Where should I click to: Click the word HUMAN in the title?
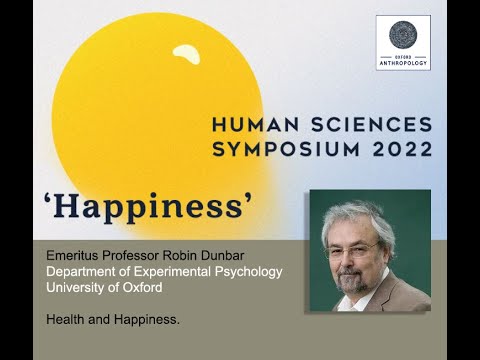tap(255, 126)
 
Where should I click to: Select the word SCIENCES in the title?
tap(369, 126)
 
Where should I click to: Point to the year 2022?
tap(400, 150)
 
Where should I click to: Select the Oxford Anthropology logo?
tap(403, 42)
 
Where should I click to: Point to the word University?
tap(79, 287)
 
